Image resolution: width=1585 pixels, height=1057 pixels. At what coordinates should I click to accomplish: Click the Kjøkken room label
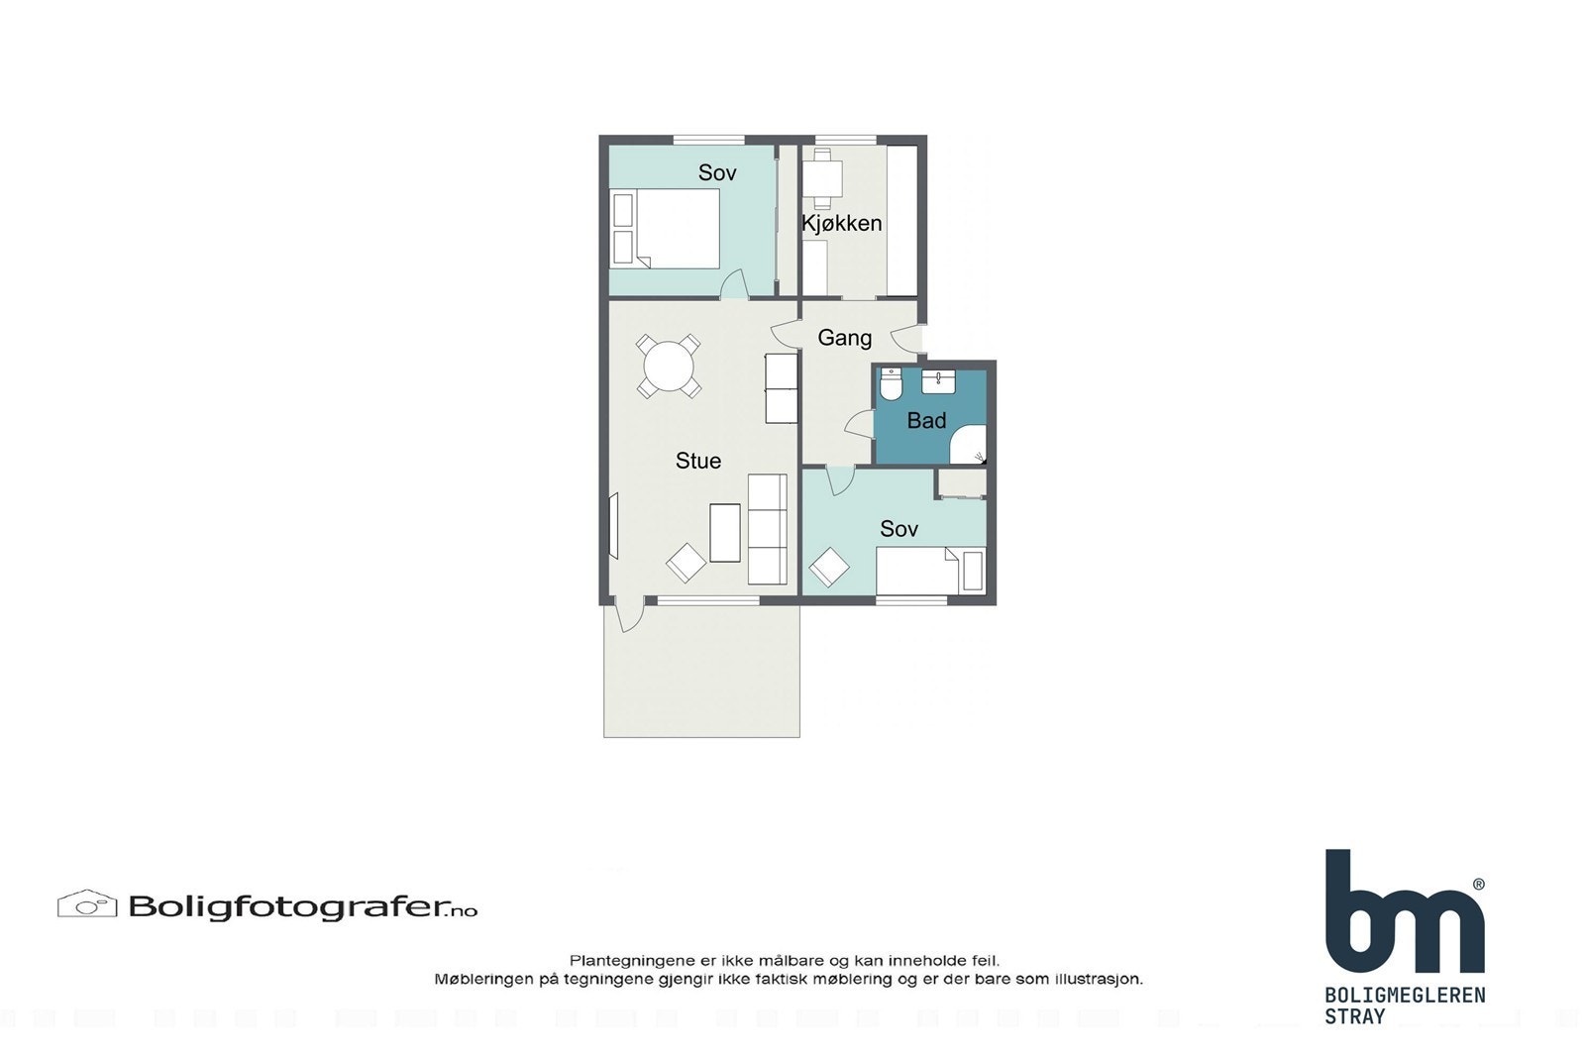841,223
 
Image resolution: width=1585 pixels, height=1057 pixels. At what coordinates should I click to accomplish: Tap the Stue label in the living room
697,461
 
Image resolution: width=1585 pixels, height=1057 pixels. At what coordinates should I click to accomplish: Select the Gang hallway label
844,338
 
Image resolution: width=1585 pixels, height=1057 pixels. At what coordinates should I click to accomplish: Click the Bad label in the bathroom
926,421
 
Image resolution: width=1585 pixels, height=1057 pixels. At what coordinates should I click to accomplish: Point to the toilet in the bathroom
891,383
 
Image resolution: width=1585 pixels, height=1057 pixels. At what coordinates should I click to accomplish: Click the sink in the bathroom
938,381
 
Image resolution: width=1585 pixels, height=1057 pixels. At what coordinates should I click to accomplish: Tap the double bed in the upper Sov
674,229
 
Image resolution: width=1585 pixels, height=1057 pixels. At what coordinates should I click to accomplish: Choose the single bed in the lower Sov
927,570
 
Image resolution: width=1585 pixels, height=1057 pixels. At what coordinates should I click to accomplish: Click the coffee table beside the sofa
725,532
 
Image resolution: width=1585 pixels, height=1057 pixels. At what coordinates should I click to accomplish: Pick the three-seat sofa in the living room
767,529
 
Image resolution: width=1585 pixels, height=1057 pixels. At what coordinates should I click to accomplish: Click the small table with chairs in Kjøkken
822,179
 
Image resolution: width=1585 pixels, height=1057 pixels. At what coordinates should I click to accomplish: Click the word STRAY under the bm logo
1354,1016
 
